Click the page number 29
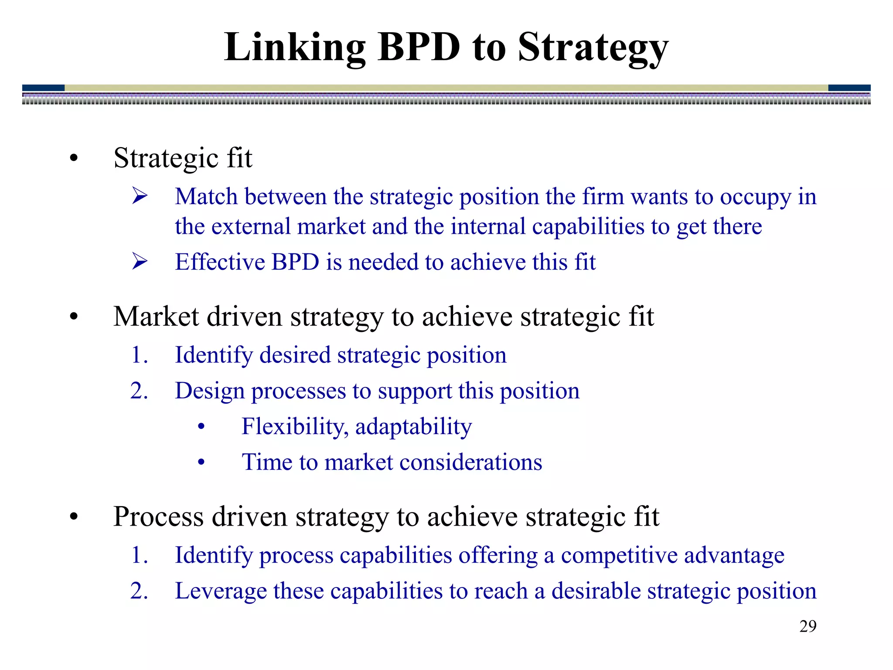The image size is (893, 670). click(x=808, y=626)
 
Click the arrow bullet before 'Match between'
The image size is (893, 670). click(x=140, y=196)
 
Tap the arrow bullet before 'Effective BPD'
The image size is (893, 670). click(x=140, y=261)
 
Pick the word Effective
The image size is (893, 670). click(x=220, y=262)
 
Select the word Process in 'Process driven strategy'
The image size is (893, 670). click(x=158, y=516)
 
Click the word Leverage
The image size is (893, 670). click(x=220, y=591)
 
